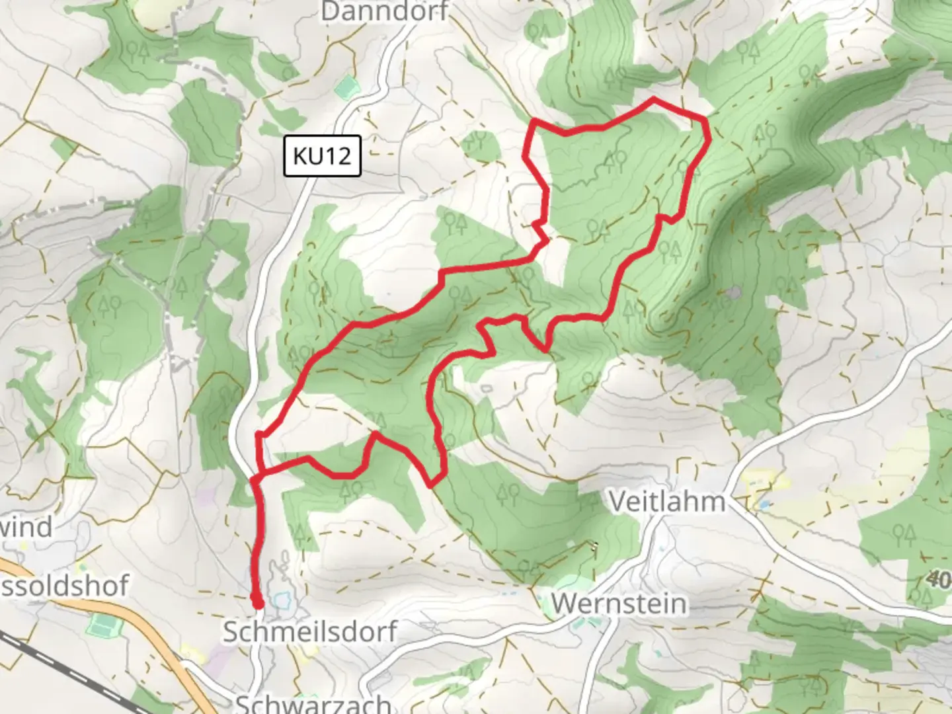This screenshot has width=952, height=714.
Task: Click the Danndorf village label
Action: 385,11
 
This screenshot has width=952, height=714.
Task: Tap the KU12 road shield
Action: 322,156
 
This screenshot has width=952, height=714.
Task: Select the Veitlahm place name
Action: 666,501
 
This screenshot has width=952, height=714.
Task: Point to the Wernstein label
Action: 619,604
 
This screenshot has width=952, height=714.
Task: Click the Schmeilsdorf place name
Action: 309,631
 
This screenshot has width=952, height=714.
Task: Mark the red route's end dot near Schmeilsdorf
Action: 257,602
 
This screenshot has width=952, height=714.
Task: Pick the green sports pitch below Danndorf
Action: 346,87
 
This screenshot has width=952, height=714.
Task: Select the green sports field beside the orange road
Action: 101,624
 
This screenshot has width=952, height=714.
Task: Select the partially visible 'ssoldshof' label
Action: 65,585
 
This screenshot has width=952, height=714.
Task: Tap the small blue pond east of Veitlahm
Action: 765,505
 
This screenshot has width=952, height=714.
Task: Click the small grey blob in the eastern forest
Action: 733,292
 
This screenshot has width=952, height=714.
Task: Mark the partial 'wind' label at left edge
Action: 26,527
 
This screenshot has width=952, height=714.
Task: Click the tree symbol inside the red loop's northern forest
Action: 616,159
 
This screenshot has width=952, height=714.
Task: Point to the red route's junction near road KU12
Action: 258,477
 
